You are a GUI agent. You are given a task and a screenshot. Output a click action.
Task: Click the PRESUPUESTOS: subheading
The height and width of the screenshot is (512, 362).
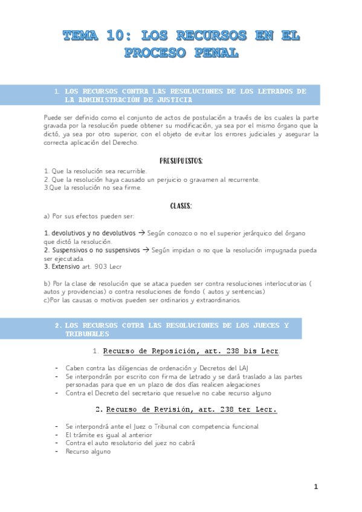[x=181, y=161]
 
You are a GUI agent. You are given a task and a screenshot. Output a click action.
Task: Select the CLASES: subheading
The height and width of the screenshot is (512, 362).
[x=181, y=206]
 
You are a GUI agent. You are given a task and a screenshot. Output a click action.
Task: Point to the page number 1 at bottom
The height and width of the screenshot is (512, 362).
[x=315, y=486]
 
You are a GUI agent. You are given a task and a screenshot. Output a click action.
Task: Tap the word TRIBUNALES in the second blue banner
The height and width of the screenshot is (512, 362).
[x=86, y=333]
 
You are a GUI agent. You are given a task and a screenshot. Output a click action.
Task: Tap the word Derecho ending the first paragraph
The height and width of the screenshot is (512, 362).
[x=126, y=143]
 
